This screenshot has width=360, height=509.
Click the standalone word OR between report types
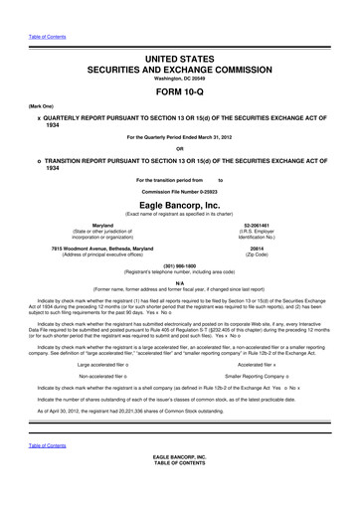tap(179, 150)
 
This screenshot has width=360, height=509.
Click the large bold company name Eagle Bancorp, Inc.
tap(179, 204)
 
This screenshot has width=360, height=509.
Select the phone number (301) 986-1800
tap(179, 264)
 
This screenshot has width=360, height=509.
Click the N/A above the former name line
tap(179, 282)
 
